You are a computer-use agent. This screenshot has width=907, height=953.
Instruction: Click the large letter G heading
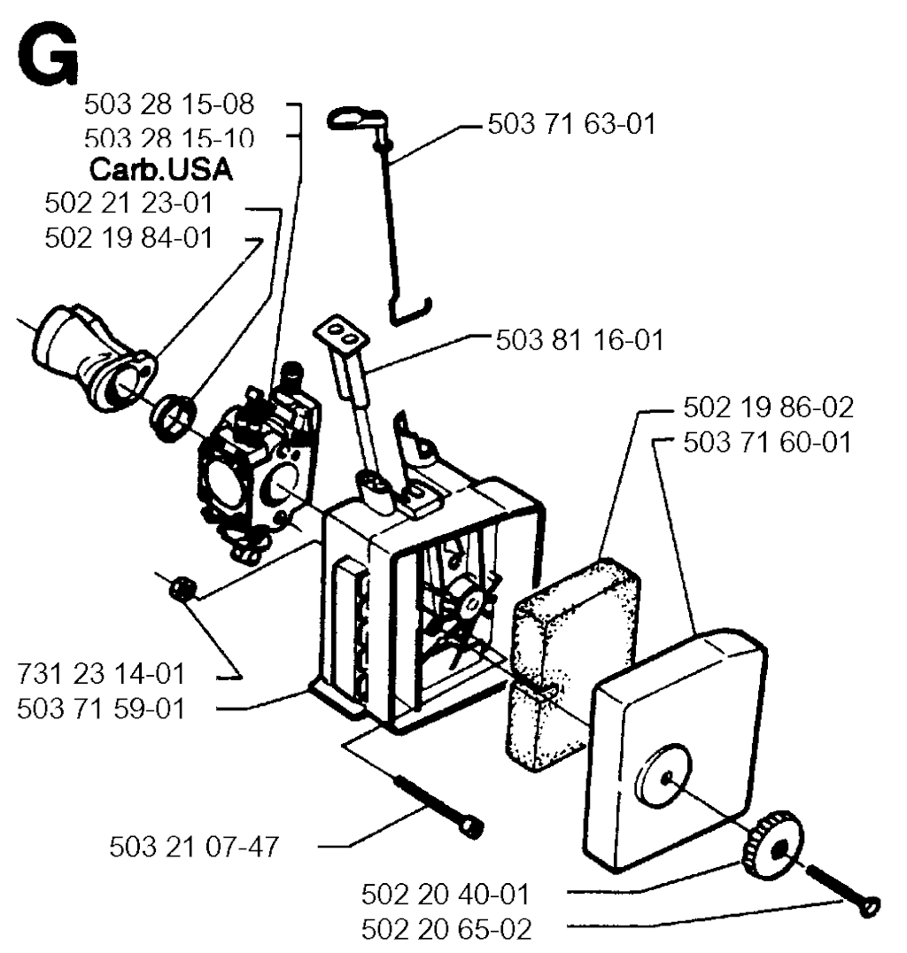[x=48, y=57]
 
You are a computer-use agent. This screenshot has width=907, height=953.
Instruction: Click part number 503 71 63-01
[x=571, y=124]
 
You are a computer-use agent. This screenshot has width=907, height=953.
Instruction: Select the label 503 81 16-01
[x=579, y=340]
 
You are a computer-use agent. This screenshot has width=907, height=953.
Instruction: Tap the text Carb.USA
[x=160, y=169]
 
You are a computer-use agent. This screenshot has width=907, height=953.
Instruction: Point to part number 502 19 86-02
[x=769, y=407]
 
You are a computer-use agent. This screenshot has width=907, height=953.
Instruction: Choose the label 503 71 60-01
[x=767, y=442]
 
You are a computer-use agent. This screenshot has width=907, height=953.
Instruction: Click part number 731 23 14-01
[x=101, y=673]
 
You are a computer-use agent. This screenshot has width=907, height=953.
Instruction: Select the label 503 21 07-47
[x=194, y=846]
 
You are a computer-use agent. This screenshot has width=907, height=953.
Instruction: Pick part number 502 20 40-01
[x=446, y=894]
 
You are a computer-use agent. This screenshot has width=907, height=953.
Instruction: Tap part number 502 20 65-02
[x=446, y=929]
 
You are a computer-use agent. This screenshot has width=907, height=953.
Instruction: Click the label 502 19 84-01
[x=129, y=237]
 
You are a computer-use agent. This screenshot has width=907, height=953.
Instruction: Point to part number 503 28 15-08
[x=169, y=104]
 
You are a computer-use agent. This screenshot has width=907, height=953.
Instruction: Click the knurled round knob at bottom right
[x=772, y=845]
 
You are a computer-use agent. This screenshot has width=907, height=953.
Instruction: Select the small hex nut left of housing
[x=182, y=587]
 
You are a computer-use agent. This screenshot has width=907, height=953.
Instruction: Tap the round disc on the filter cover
[x=663, y=776]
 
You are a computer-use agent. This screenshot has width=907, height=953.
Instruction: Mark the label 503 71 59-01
[x=101, y=709]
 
